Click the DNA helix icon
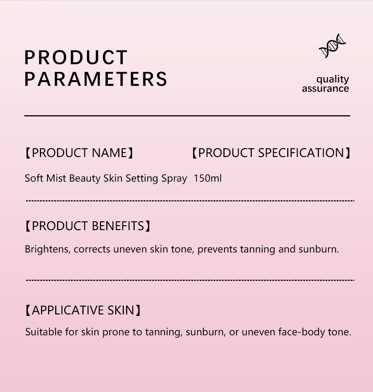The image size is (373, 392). (x=332, y=46)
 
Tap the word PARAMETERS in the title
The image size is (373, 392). (x=96, y=79)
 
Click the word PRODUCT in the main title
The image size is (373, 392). (x=76, y=57)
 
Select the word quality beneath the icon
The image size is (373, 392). (x=332, y=79)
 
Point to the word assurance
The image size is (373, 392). (x=325, y=88)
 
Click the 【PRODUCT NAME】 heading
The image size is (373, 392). (x=79, y=153)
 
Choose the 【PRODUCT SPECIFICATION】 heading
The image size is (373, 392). (x=271, y=153)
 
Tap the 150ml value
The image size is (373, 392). (x=207, y=178)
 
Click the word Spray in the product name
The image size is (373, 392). (x=174, y=179)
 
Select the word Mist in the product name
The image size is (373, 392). (x=56, y=178)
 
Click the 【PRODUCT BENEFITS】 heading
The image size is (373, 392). (x=88, y=226)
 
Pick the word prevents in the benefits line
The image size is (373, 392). (x=217, y=250)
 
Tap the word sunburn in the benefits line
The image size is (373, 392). (x=317, y=249)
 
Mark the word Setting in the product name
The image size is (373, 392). (x=142, y=179)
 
